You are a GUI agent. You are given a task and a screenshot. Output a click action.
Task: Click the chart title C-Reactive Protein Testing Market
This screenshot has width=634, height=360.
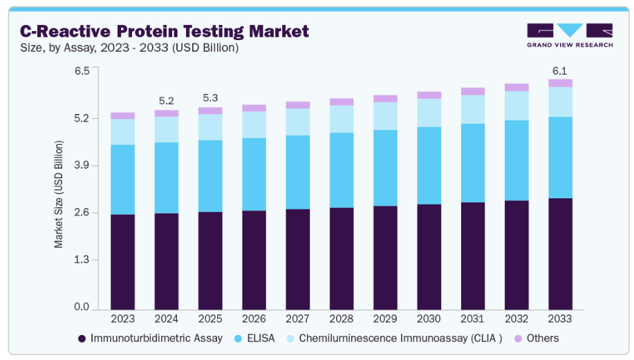(x=165, y=31)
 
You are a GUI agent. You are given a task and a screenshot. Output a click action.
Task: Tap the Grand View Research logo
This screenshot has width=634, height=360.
(x=569, y=35)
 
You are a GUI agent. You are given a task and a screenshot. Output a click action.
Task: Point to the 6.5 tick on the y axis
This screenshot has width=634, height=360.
(x=81, y=70)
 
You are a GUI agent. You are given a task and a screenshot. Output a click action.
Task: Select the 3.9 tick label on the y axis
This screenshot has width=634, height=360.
(x=81, y=165)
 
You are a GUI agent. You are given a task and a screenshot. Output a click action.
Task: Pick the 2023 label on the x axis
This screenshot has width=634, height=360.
(x=123, y=319)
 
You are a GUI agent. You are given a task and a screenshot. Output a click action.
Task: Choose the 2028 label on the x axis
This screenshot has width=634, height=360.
(x=342, y=319)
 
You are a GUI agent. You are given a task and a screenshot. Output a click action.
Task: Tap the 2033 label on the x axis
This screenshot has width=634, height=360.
(x=560, y=319)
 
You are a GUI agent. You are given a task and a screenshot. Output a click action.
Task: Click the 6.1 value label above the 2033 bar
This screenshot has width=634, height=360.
(x=560, y=70)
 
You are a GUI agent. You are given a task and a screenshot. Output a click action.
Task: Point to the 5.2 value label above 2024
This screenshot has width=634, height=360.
(x=167, y=101)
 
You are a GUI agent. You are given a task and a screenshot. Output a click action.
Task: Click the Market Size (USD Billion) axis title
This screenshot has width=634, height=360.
(x=59, y=194)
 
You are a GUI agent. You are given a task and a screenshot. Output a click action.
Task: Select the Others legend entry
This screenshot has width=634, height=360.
(x=537, y=339)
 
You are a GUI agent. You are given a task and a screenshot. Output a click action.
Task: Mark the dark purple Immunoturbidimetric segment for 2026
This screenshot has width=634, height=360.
(x=254, y=260)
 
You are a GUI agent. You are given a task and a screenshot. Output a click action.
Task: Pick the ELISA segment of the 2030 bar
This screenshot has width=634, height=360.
(x=429, y=165)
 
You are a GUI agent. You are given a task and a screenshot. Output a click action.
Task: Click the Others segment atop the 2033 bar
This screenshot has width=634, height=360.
(x=560, y=83)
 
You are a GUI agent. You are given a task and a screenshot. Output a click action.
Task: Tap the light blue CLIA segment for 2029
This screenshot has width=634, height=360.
(x=385, y=116)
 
